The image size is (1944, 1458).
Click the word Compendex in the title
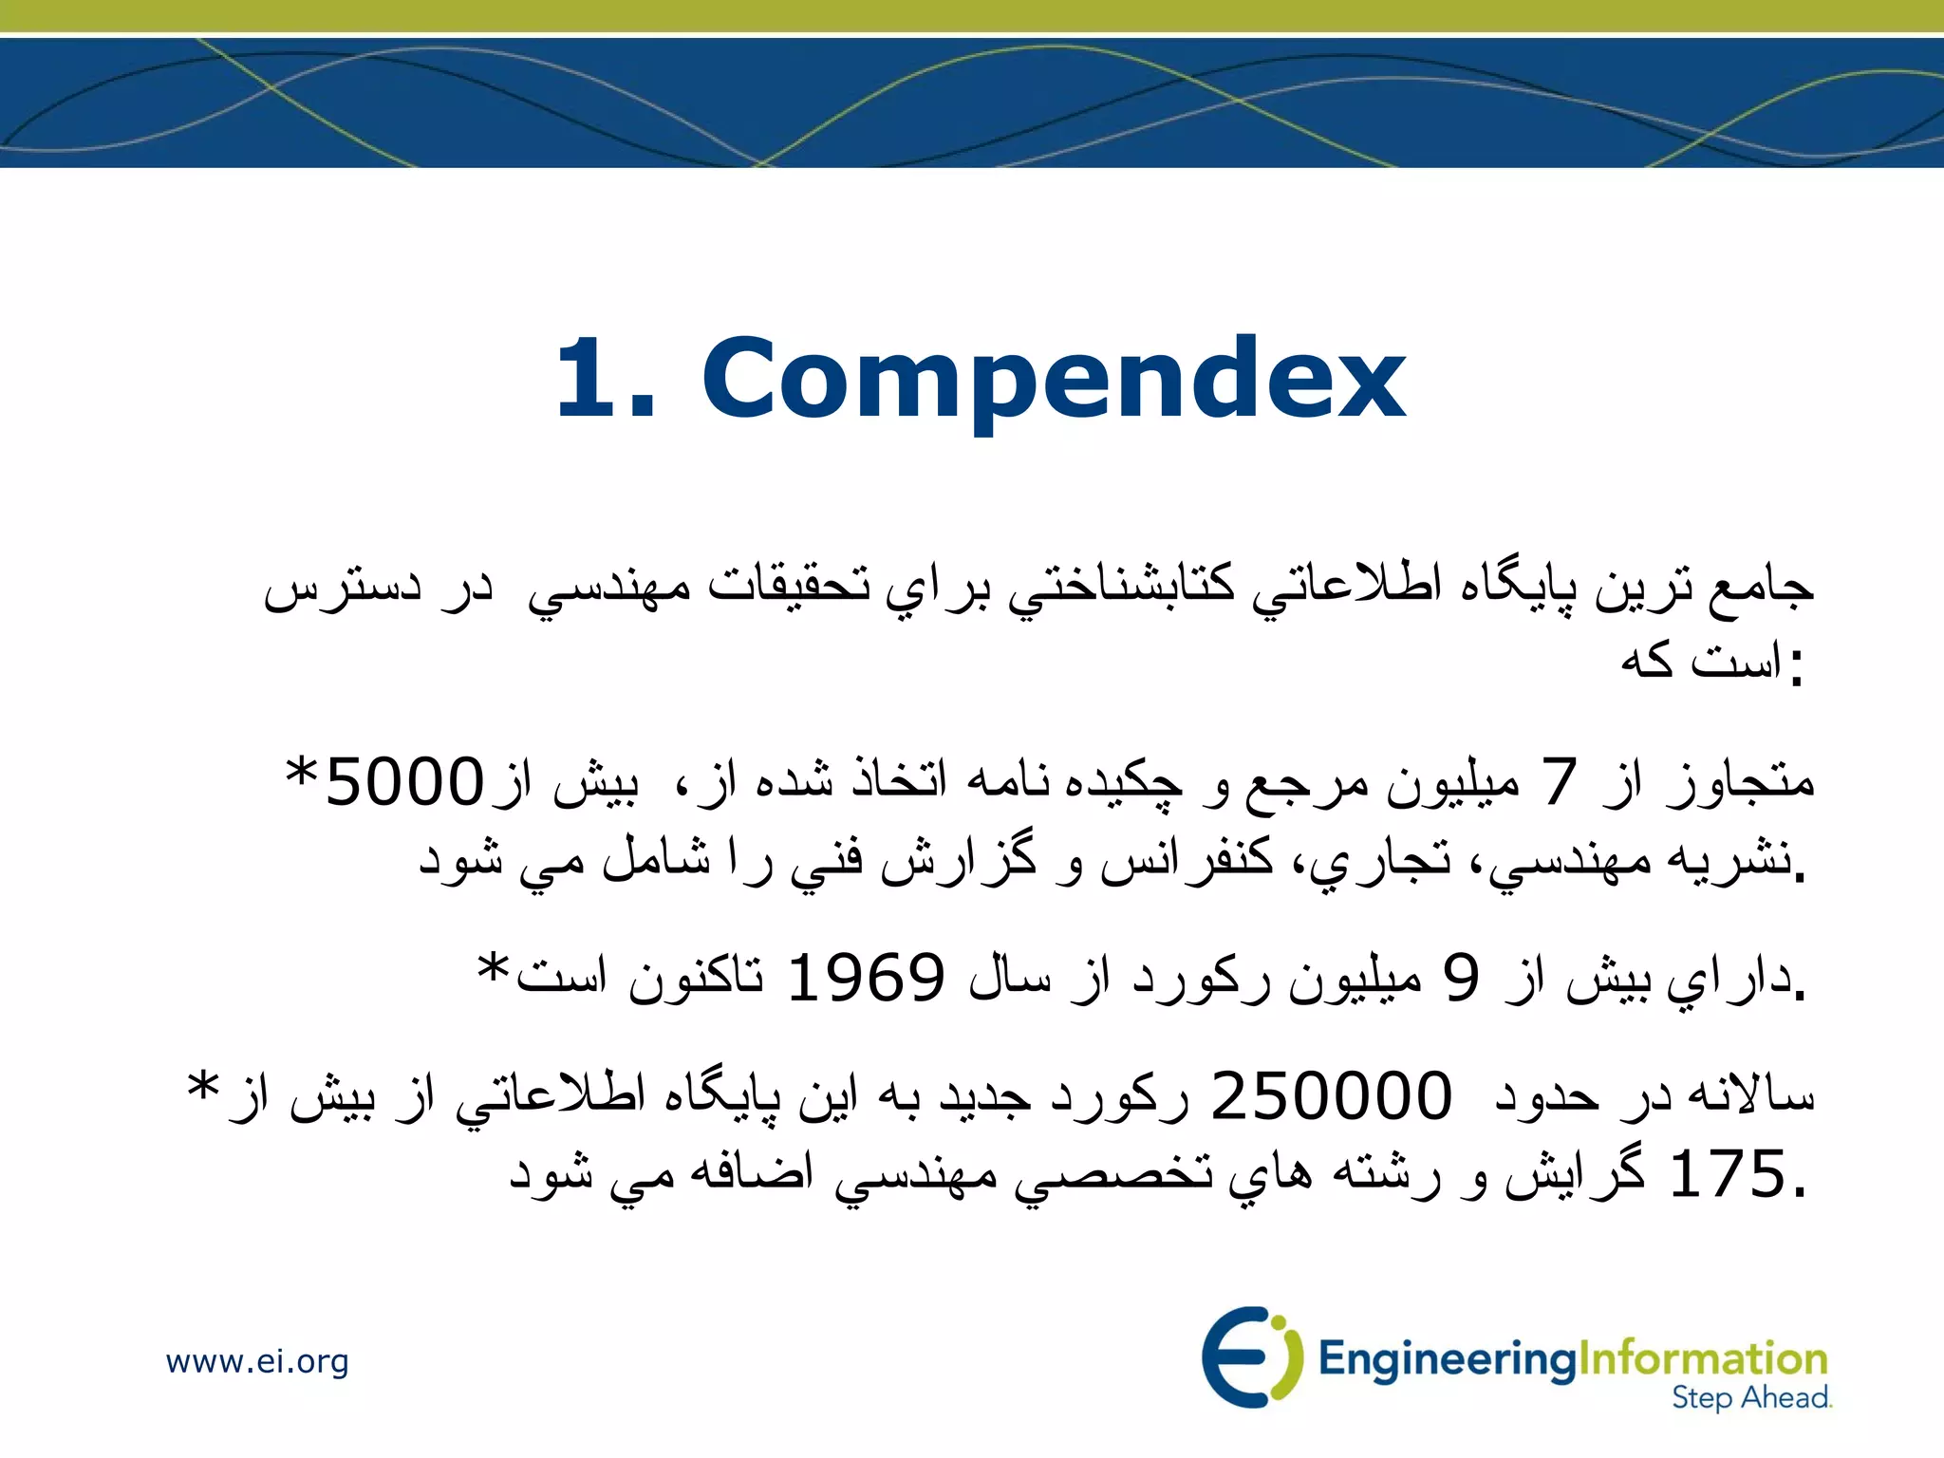point(1054,380)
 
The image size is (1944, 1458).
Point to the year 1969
point(866,978)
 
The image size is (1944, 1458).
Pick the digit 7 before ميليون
point(1560,783)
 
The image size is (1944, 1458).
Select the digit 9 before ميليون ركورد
point(1461,978)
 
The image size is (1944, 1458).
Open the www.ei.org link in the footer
point(257,1361)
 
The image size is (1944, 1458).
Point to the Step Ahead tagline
point(1750,1397)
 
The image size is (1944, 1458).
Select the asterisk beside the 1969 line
point(494,968)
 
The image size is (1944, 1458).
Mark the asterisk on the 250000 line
point(203,1086)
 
